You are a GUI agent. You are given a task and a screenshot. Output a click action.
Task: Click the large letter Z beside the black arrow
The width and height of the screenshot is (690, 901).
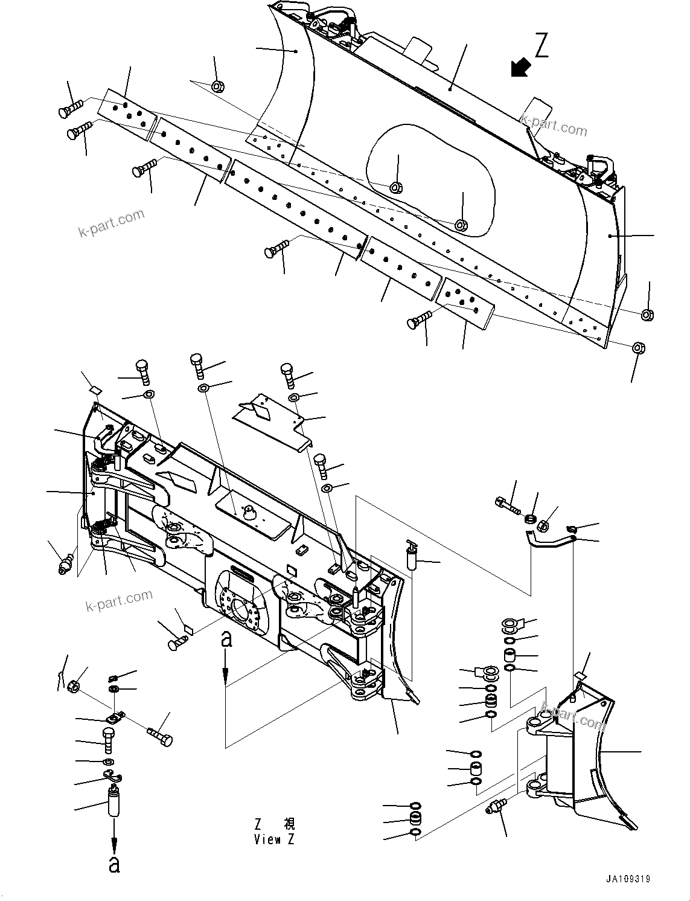541,46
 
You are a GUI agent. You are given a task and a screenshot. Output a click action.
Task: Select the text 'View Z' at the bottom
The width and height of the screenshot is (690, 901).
275,839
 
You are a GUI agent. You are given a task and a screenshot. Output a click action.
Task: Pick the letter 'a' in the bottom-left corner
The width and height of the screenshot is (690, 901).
114,864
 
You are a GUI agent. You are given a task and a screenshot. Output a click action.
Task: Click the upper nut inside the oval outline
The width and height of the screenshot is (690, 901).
397,187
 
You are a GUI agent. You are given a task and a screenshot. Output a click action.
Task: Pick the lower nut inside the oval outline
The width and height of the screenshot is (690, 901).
461,225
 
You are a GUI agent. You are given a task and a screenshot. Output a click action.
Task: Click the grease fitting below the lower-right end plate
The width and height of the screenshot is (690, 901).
496,807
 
